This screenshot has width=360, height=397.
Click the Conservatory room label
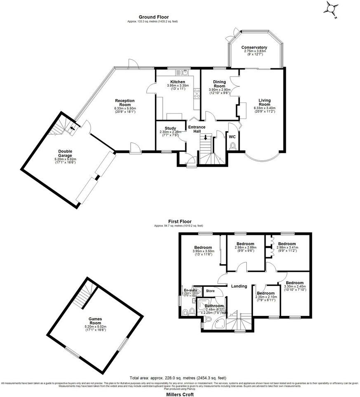(254, 47)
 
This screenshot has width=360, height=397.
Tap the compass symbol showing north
(332, 9)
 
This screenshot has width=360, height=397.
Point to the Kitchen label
(178, 82)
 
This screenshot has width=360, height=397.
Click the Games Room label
(96, 320)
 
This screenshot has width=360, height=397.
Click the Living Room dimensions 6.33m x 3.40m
(264, 108)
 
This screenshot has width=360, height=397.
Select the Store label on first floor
(210, 291)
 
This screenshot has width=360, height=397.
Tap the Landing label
(239, 286)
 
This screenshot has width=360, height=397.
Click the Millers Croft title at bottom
(180, 392)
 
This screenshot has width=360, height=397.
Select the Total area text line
(180, 378)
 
